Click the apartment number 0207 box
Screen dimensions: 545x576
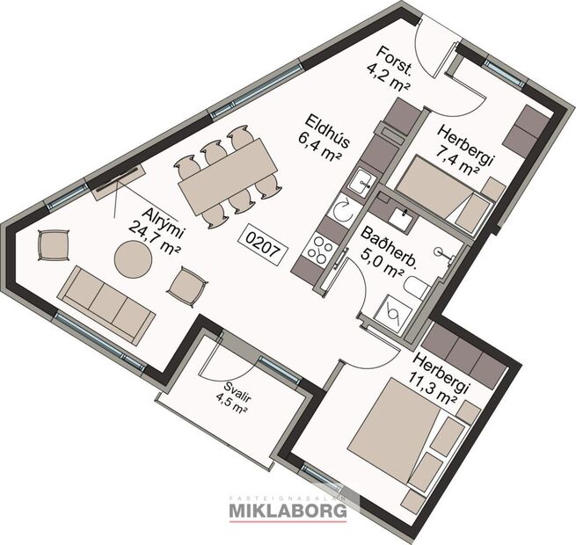tap(264, 247)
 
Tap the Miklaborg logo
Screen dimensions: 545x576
tap(288, 508)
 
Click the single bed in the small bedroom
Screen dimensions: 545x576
tap(440, 191)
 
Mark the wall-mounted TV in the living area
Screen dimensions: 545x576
tap(120, 177)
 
